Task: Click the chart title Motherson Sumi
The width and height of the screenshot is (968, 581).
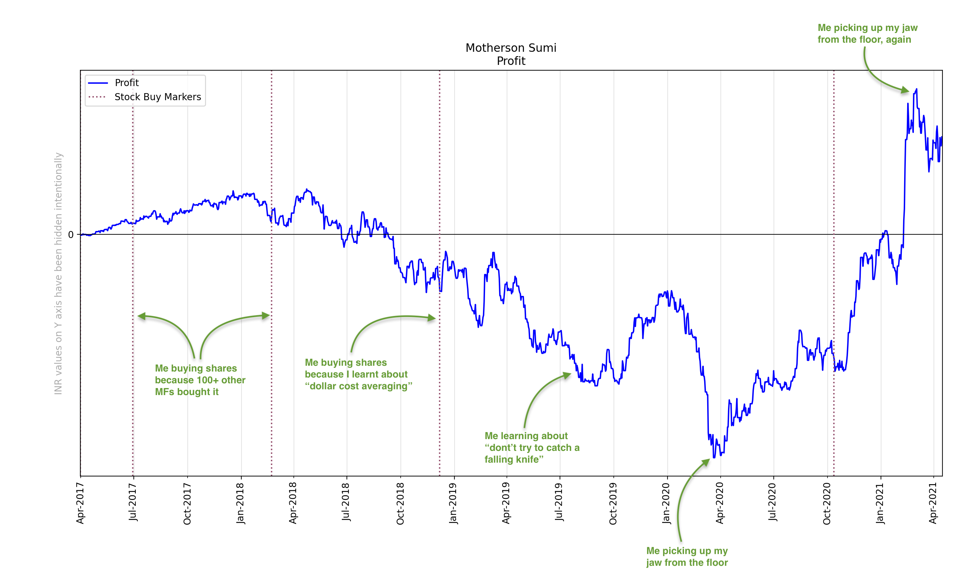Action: tap(511, 48)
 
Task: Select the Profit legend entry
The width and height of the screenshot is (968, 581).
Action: tap(126, 83)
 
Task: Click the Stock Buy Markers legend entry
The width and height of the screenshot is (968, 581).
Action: tap(157, 97)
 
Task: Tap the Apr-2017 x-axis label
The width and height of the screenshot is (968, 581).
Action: tap(80, 503)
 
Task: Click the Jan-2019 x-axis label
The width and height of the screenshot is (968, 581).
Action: tap(453, 503)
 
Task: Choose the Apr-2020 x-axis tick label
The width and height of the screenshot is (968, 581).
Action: tap(720, 503)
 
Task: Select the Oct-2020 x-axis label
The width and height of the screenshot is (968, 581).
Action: tap(827, 503)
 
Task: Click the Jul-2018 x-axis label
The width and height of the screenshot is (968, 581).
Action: tap(346, 502)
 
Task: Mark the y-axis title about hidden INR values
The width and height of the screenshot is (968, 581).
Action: tap(58, 273)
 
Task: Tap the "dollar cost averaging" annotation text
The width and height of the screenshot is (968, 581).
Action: tap(358, 374)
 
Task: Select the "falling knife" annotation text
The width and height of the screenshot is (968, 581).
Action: tap(532, 448)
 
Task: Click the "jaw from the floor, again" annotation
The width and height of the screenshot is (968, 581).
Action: tap(867, 34)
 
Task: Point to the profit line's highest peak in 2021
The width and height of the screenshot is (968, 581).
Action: tap(916, 90)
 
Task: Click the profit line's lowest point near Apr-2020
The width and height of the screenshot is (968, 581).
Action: tap(714, 457)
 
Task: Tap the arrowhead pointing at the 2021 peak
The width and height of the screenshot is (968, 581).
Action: tap(905, 90)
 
